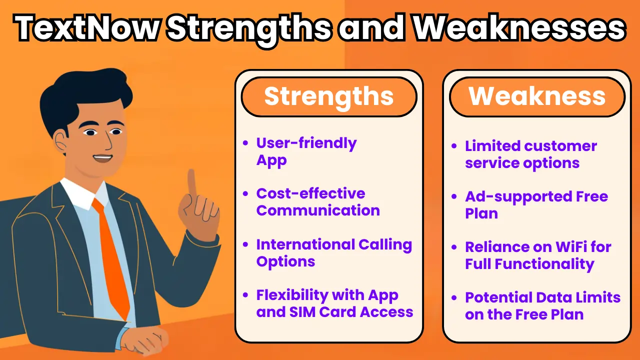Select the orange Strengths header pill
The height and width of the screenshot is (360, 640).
click(328, 96)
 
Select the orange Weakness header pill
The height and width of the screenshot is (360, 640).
click(537, 96)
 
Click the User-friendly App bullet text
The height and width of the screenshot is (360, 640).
click(306, 151)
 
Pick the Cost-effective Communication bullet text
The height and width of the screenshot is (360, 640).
click(317, 202)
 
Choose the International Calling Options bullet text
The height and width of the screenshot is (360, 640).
click(333, 253)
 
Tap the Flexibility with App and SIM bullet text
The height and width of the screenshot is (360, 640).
click(334, 303)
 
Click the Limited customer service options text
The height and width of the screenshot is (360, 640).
click(530, 154)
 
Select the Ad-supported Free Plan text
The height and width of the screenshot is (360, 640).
click(536, 205)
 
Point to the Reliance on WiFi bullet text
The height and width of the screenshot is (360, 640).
click(537, 255)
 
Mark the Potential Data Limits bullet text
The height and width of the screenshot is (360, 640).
click(542, 306)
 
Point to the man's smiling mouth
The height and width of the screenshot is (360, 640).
click(102, 158)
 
